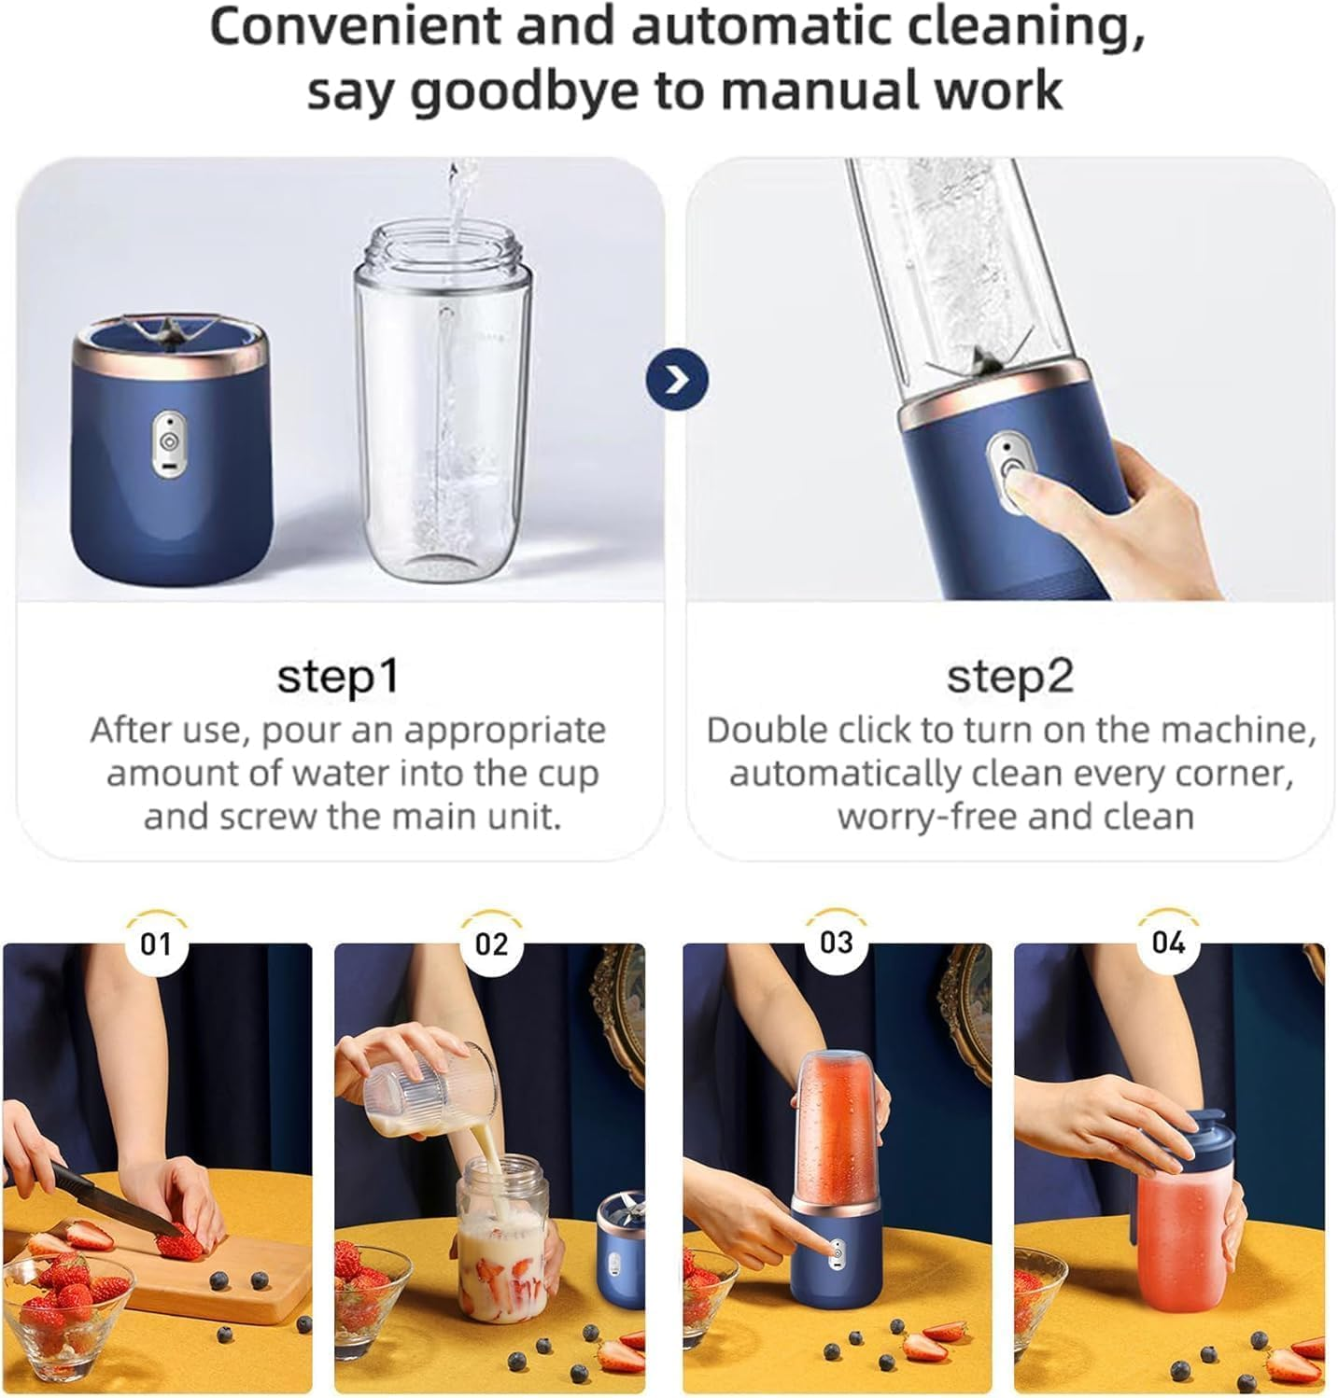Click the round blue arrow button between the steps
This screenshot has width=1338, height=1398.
(x=677, y=380)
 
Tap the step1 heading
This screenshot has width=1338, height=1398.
(x=338, y=676)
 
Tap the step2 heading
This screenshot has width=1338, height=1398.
(x=1009, y=676)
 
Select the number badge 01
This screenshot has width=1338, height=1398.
(x=156, y=944)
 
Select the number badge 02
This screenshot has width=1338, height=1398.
(x=491, y=944)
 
